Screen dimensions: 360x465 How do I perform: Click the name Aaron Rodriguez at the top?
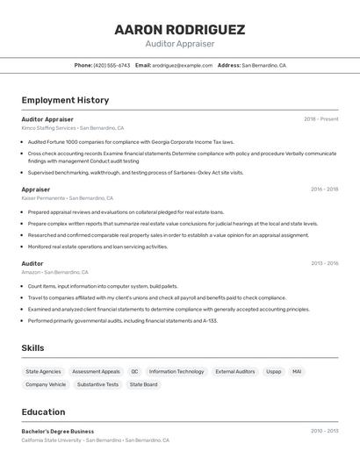(180, 30)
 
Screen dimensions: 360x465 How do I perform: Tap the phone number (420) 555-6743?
(112, 65)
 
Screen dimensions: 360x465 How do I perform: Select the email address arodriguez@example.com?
(183, 65)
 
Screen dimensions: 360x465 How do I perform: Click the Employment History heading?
(65, 100)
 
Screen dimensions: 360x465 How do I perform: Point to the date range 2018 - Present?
(321, 118)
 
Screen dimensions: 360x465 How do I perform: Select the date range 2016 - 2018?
(324, 189)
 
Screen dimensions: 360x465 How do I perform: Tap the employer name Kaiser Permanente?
(43, 197)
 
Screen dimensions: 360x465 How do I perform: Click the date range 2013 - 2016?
(324, 263)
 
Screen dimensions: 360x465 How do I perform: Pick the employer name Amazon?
(31, 272)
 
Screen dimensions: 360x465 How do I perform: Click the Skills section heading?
(33, 348)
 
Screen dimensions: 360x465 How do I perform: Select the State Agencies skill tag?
(43, 371)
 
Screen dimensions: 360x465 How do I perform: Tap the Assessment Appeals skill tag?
(96, 371)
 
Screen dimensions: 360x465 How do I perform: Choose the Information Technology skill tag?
(176, 371)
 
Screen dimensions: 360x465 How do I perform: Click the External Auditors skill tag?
(235, 371)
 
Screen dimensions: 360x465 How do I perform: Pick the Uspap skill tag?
(274, 371)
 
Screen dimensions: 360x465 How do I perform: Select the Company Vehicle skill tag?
(46, 384)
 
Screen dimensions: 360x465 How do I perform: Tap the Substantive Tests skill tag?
(97, 384)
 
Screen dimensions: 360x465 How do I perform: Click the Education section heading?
(44, 411)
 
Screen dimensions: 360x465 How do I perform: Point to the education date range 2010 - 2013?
(324, 431)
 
